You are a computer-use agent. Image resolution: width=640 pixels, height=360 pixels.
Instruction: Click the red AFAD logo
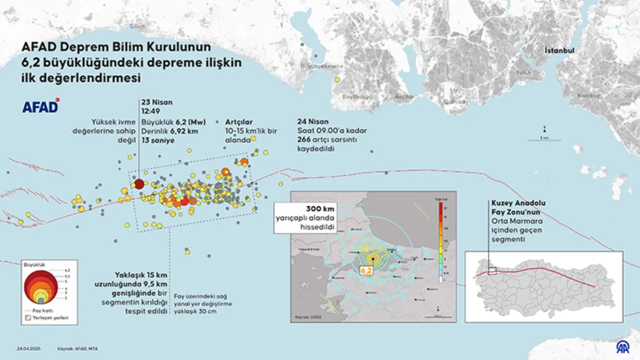(x=40, y=106)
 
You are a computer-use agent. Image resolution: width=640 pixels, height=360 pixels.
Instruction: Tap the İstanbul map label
(x=559, y=51)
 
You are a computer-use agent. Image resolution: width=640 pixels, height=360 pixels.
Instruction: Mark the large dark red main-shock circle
(x=139, y=184)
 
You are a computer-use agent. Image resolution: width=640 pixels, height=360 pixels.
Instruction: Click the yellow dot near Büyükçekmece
(x=337, y=79)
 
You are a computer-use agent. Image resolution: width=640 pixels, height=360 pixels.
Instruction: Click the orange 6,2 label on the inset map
(x=366, y=270)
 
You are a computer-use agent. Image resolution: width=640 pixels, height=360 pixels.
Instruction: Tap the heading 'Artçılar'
(x=238, y=121)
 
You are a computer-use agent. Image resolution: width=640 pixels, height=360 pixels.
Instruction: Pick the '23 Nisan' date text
(x=156, y=102)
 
